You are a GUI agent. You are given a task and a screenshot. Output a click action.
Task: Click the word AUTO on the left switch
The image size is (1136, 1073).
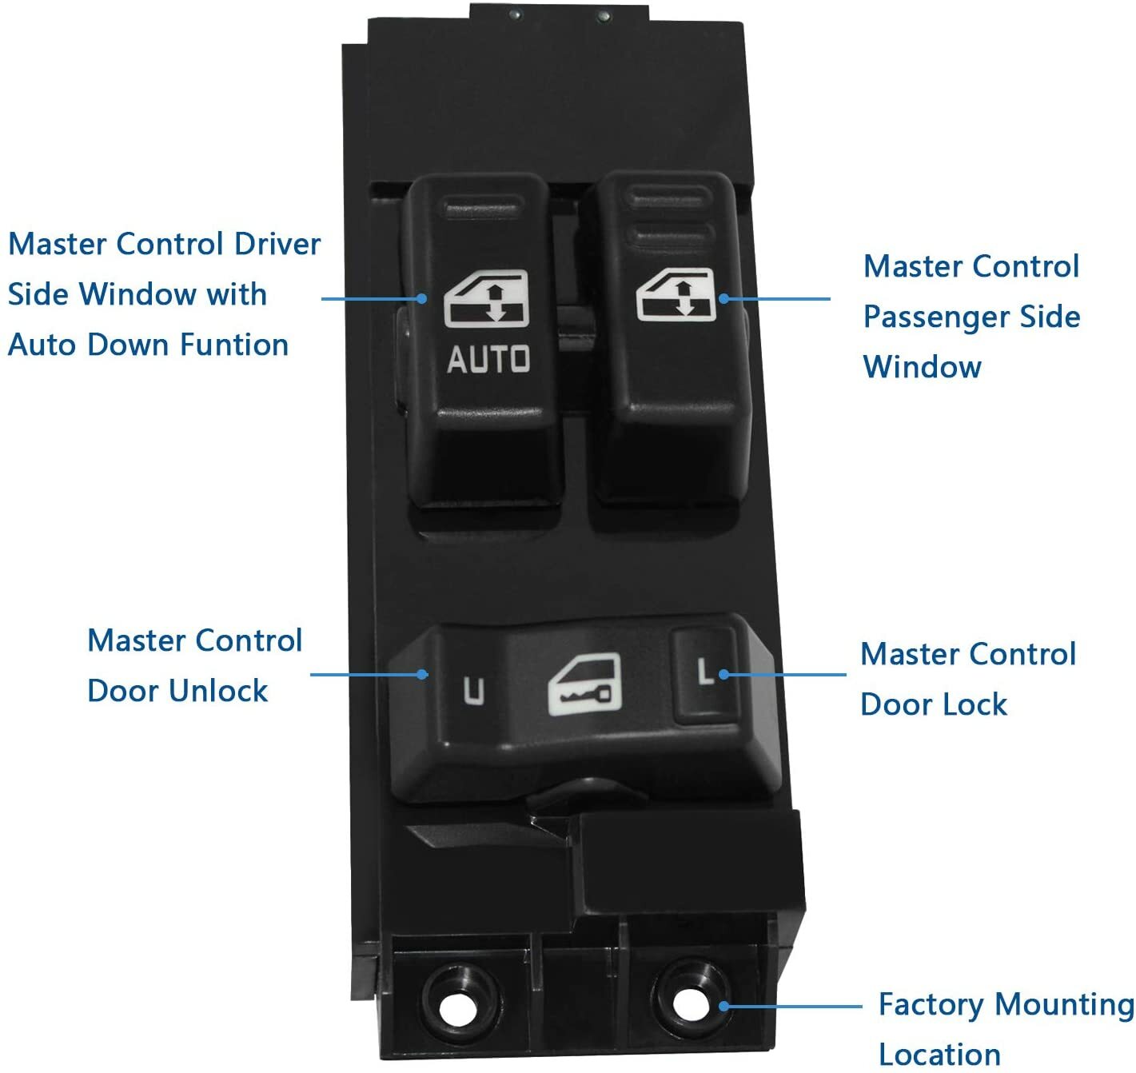click(488, 359)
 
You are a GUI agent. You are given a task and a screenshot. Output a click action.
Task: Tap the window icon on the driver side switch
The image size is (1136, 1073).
click(487, 300)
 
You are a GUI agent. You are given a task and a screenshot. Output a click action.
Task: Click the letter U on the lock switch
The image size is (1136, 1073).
click(473, 691)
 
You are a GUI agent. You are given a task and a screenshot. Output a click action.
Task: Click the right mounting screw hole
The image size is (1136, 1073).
click(686, 1003)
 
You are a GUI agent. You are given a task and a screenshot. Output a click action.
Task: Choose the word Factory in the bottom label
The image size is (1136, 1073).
click(931, 1004)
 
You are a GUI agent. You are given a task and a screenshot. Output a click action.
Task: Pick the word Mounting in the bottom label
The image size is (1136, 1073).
click(1065, 1004)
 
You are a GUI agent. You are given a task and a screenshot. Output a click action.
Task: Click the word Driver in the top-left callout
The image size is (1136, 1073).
click(277, 244)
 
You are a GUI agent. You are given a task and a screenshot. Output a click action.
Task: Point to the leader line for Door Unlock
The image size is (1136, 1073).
click(364, 675)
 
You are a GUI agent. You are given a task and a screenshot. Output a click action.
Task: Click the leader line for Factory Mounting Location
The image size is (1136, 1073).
click(791, 1006)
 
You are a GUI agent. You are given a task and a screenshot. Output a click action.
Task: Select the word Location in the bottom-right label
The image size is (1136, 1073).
click(939, 1055)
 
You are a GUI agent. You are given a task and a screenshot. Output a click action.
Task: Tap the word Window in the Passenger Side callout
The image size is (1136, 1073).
click(923, 367)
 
